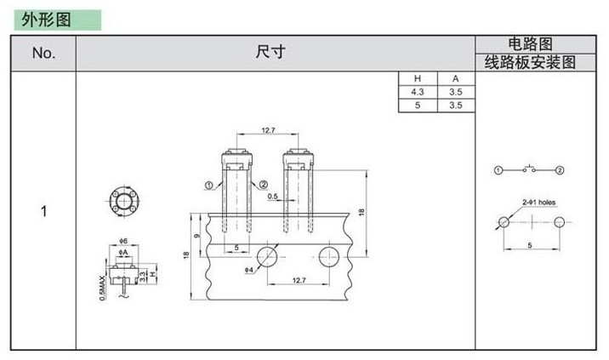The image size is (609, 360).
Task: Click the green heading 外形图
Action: click(x=46, y=20)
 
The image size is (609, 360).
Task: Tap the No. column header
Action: click(x=44, y=53)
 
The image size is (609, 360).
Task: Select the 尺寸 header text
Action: click(x=270, y=51)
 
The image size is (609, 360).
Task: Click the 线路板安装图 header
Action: click(x=530, y=62)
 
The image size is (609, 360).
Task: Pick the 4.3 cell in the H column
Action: click(x=418, y=92)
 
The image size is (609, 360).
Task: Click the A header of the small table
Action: click(x=456, y=79)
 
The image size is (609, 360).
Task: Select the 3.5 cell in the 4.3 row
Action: click(x=456, y=92)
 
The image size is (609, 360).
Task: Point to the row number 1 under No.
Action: click(x=44, y=212)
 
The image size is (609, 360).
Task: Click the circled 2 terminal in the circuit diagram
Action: click(x=560, y=170)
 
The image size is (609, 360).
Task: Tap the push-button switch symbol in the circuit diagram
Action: click(x=529, y=169)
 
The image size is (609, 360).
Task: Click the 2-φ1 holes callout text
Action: click(x=538, y=203)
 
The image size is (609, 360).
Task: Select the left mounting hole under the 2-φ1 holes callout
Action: click(x=504, y=222)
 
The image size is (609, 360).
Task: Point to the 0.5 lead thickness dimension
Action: click(x=273, y=197)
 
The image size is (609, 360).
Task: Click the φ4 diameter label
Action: click(x=249, y=270)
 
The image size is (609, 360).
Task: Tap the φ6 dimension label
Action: click(x=123, y=241)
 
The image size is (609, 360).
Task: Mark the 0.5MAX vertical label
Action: click(x=102, y=288)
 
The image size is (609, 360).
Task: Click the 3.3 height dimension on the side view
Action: click(x=143, y=277)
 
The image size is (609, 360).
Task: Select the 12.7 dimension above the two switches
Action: click(x=269, y=130)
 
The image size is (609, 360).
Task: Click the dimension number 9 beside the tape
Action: click(x=197, y=236)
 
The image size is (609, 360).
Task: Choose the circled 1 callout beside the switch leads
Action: click(x=209, y=186)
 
